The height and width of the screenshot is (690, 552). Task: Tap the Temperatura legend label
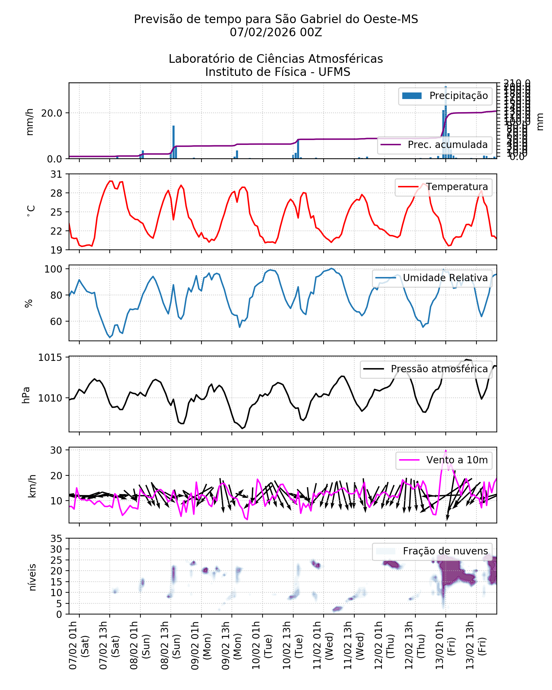[x=456, y=187]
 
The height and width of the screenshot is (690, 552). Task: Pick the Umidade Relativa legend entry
[x=445, y=278]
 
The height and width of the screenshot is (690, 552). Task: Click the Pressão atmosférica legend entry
[x=439, y=369]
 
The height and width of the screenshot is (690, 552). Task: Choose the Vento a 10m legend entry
[x=456, y=460]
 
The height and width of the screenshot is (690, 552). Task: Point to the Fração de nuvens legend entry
[x=445, y=551]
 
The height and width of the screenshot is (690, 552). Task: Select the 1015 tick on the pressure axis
[x=50, y=357]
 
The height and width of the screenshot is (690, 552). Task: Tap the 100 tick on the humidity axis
[x=53, y=269]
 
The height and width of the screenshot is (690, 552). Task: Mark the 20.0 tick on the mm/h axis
[x=52, y=113]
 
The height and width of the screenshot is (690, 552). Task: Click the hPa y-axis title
[x=26, y=395]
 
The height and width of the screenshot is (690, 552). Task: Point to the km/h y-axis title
[x=32, y=486]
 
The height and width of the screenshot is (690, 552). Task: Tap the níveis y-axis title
[x=32, y=577]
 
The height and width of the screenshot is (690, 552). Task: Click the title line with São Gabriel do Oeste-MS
[x=276, y=19]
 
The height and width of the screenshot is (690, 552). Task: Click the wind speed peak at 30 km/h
[x=446, y=450]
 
